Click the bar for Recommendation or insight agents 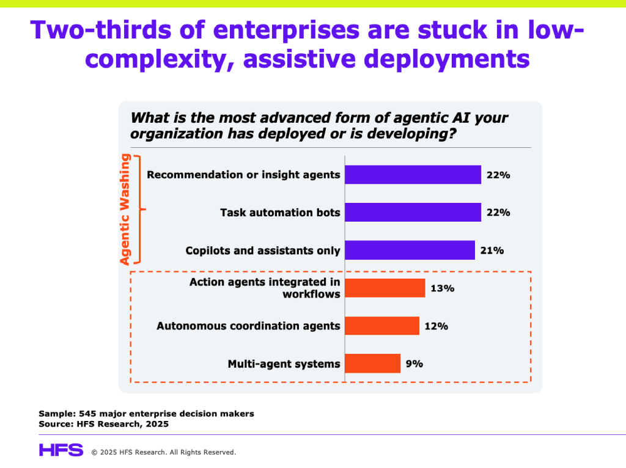click(413, 175)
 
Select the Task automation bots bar click(413, 213)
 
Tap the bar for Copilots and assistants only click(410, 250)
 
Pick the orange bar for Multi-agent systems click(372, 364)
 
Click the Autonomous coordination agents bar click(381, 326)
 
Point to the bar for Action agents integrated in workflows click(385, 288)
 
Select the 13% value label click(442, 288)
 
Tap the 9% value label click(414, 364)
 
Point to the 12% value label click(436, 326)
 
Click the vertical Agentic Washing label click(125, 210)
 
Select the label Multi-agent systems click(284, 364)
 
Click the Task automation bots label click(280, 213)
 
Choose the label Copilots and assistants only click(262, 250)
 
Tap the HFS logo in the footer click(61, 450)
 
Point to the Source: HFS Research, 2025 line click(103, 423)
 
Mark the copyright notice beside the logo click(163, 452)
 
